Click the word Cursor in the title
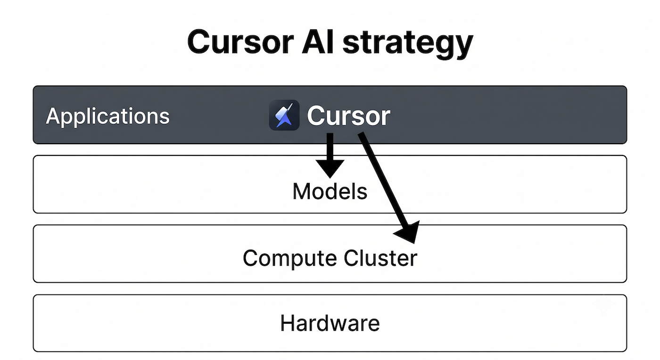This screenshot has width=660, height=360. point(240,41)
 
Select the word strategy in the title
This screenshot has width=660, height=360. point(408,44)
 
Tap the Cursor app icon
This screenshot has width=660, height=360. point(284,115)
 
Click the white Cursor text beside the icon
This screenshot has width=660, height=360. point(348,116)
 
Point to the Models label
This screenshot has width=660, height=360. point(330,191)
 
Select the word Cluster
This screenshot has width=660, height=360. point(380,258)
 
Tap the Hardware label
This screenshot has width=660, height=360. point(330,323)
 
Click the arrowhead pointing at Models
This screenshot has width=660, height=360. point(330,168)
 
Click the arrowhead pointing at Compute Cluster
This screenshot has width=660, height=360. point(408,232)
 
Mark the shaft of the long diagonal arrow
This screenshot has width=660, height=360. point(383,182)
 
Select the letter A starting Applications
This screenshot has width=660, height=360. point(55,116)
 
